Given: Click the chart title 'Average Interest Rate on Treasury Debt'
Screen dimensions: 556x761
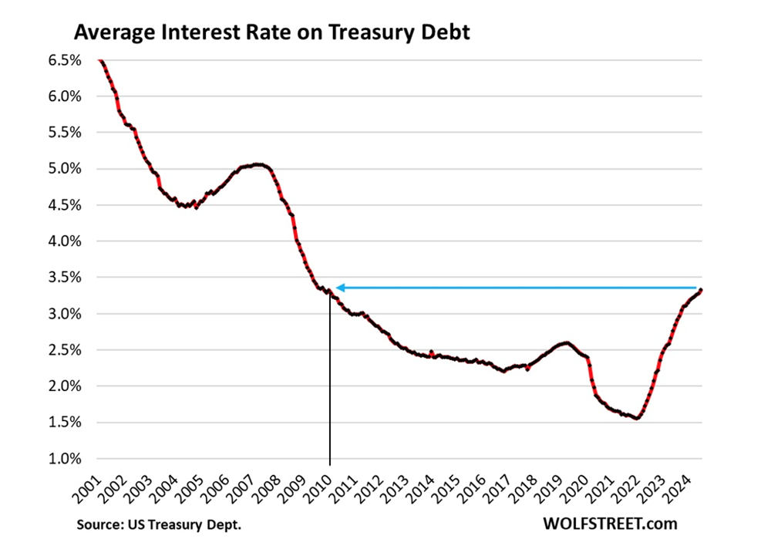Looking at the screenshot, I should tap(271, 35).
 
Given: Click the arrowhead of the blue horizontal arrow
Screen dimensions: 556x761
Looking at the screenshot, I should tap(339, 288).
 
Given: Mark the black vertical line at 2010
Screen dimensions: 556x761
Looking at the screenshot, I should tap(330, 386).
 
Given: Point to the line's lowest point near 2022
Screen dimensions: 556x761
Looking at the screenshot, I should tap(637, 419).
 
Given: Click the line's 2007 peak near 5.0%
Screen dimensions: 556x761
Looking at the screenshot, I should tap(259, 164).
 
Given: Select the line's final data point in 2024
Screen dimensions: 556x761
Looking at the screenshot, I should tap(700, 290).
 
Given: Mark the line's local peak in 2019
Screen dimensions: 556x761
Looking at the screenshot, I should tap(567, 342).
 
